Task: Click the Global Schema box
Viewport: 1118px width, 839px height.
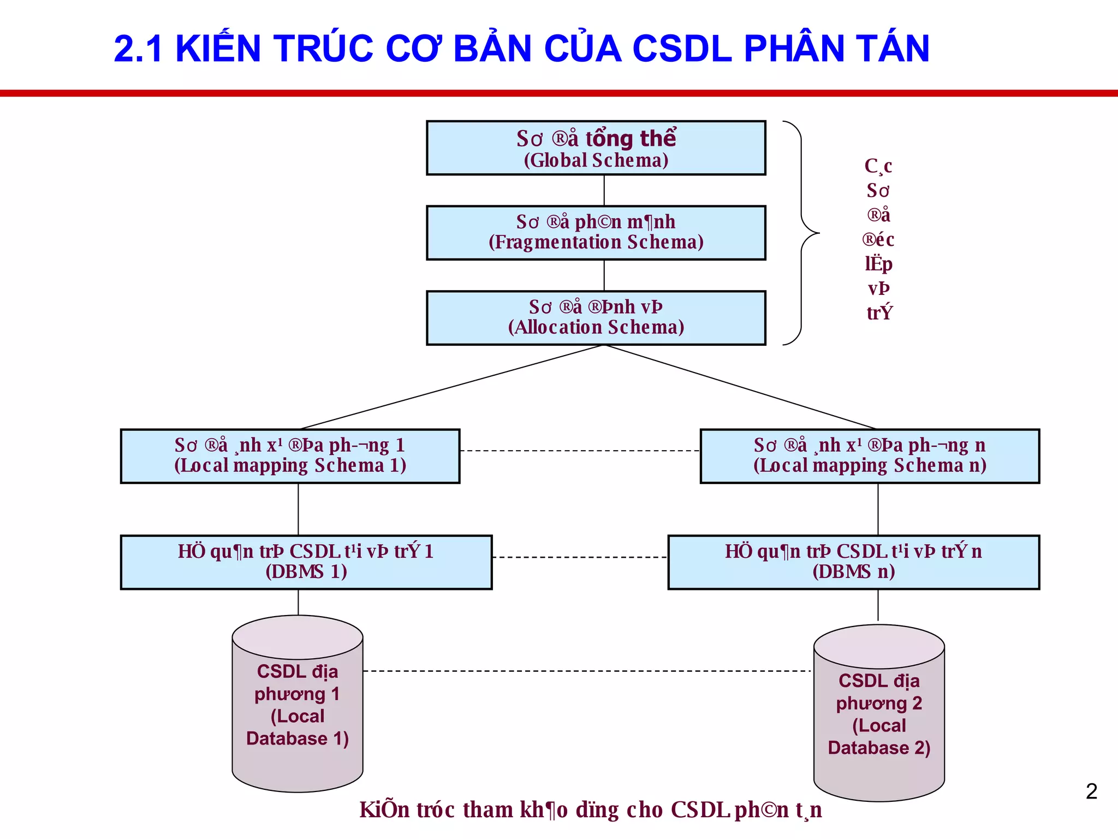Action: pos(596,148)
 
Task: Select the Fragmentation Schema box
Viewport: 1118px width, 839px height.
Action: pos(596,233)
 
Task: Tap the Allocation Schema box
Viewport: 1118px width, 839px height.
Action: pos(596,318)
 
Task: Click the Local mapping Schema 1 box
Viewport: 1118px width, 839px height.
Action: pos(290,456)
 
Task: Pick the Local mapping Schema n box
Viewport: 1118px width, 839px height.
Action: pos(870,456)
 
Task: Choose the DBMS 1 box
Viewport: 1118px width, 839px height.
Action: pos(306,562)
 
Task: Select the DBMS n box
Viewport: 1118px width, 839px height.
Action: pos(853,562)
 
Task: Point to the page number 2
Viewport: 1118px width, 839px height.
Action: pos(1091,791)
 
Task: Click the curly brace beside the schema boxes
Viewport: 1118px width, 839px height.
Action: pos(802,233)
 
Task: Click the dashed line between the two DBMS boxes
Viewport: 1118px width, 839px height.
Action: pos(580,557)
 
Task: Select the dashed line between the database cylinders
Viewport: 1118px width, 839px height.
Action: pos(587,671)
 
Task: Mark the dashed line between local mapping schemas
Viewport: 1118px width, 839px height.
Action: pos(580,451)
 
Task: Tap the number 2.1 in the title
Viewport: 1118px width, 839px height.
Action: pos(138,49)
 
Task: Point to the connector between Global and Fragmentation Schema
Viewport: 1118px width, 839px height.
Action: pos(604,190)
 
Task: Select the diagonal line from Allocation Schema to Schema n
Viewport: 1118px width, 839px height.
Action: pos(740,387)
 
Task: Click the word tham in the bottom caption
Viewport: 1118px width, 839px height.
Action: pos(488,810)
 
